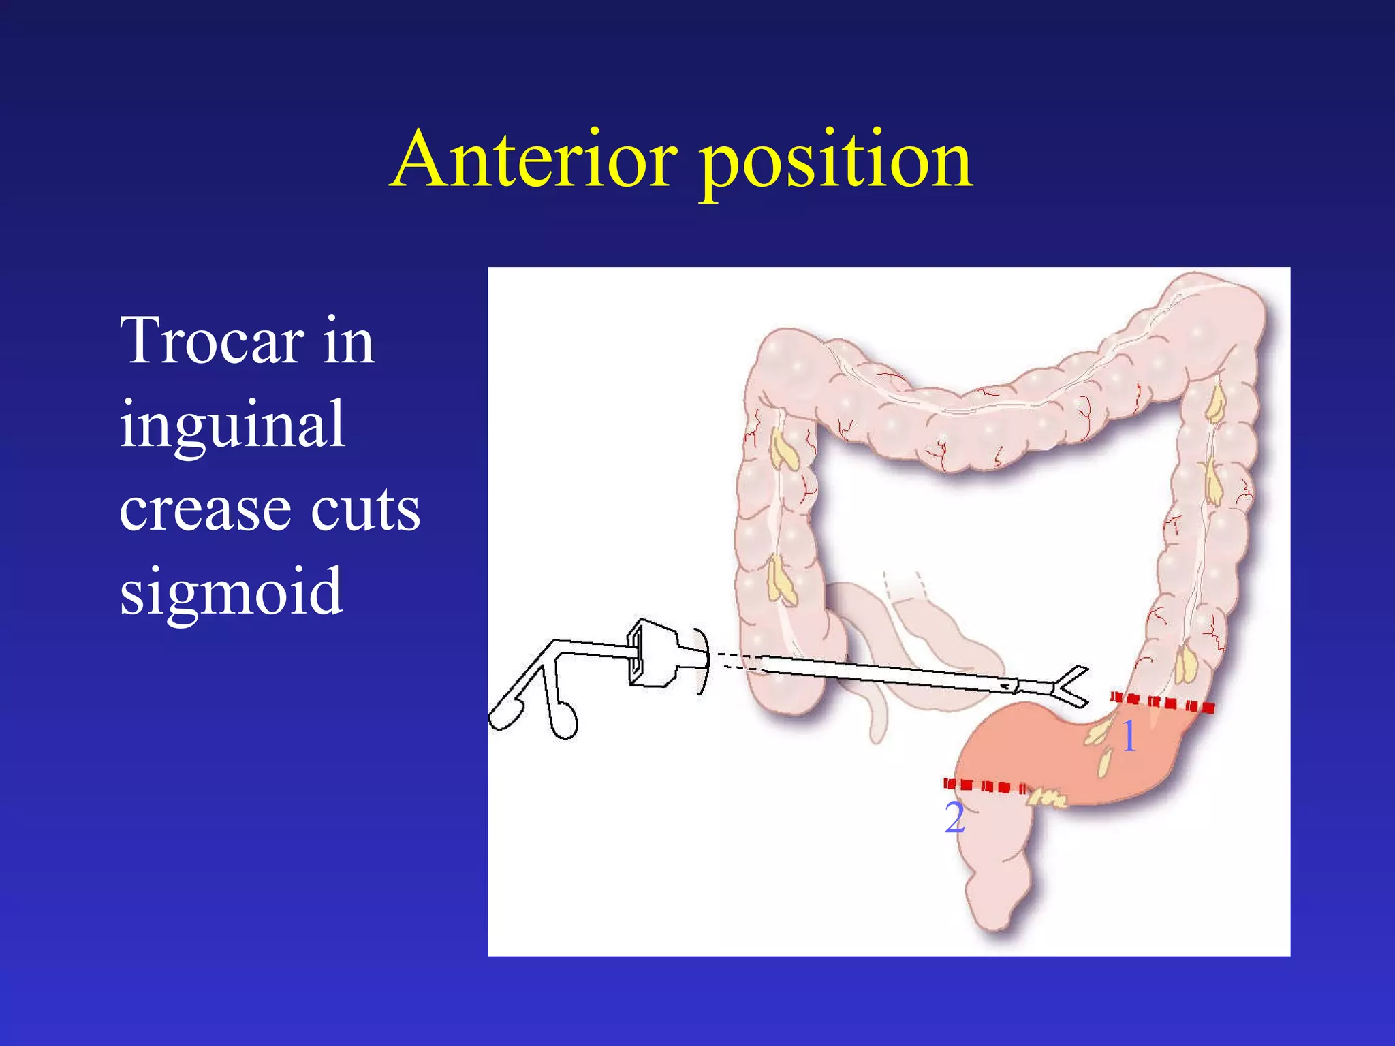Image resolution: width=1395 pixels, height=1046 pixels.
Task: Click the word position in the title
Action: (x=836, y=163)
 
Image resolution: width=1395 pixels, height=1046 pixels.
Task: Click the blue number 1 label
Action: (x=1129, y=736)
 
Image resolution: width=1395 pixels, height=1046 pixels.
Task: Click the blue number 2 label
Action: (x=954, y=817)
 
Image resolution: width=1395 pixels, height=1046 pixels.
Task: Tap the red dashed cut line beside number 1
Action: (x=1162, y=702)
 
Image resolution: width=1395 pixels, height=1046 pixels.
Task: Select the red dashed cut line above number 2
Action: (x=985, y=786)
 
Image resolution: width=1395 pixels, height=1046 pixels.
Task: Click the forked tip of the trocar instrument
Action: (x=1069, y=686)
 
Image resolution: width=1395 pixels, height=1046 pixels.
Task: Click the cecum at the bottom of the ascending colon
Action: (x=783, y=688)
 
